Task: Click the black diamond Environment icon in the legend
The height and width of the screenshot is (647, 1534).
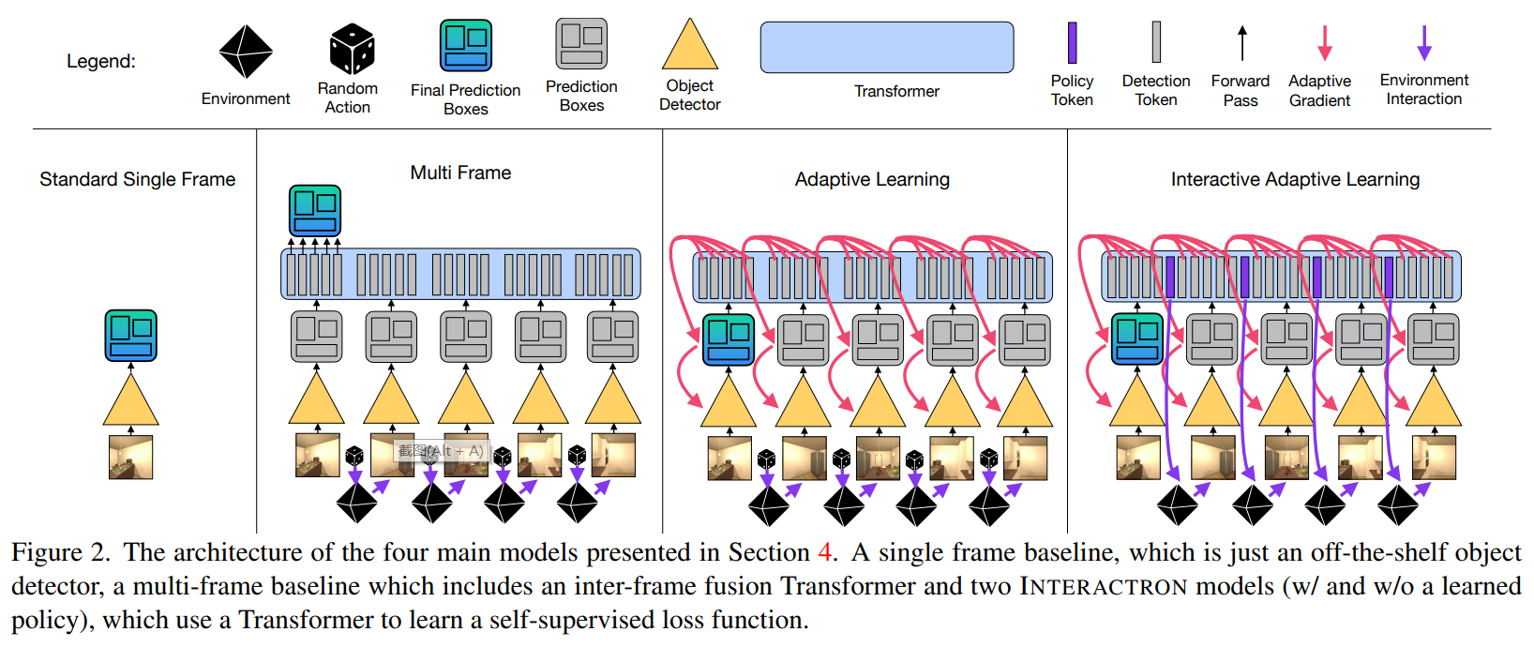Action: [246, 52]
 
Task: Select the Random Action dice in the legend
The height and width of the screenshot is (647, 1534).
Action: [352, 49]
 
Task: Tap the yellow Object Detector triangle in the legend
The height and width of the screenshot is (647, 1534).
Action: [690, 47]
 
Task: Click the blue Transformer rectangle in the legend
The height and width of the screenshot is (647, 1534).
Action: [886, 48]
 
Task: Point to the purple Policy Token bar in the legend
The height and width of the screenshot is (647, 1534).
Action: [1072, 43]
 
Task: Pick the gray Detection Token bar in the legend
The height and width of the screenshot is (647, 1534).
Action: [1156, 42]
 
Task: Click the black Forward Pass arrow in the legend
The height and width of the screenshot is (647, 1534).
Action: [1242, 43]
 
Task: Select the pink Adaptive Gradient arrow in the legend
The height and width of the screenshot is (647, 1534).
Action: [1324, 42]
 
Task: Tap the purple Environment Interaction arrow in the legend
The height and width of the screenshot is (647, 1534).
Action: [1424, 42]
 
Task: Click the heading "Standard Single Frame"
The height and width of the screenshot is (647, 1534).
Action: [137, 179]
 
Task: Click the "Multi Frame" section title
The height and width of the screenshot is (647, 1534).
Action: [460, 173]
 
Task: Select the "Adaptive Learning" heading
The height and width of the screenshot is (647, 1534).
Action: [872, 179]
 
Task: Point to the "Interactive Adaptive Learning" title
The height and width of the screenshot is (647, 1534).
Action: [1295, 179]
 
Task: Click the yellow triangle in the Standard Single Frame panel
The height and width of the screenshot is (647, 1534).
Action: [130, 401]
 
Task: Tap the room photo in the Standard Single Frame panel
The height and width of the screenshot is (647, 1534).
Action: [130, 458]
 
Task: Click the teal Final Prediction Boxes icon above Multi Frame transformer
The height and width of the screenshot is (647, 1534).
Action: [315, 211]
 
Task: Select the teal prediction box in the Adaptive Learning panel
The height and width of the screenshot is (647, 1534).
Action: [729, 339]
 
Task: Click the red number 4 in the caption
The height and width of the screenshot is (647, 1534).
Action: [824, 552]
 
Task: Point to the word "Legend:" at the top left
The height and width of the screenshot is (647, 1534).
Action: [101, 61]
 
